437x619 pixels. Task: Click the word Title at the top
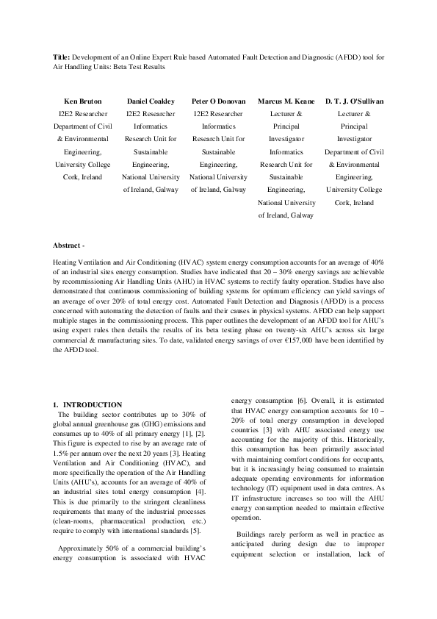point(61,55)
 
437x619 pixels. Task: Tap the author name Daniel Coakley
point(151,101)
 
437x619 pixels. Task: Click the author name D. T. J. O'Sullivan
point(355,101)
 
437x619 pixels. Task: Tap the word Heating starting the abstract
point(65,262)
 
